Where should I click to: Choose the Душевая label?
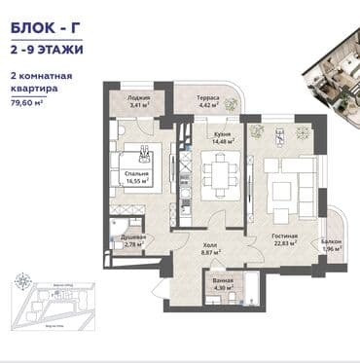point(133,237)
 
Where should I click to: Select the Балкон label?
point(331,241)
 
